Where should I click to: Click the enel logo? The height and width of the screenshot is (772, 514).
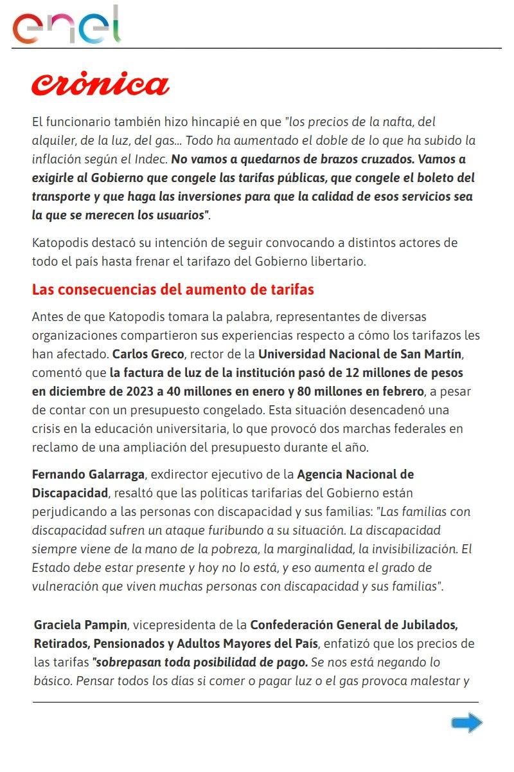(66, 26)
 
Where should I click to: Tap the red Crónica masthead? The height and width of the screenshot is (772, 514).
(101, 84)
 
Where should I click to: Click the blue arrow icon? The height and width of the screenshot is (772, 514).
(466, 723)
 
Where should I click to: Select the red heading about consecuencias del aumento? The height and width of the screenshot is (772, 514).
(173, 289)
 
